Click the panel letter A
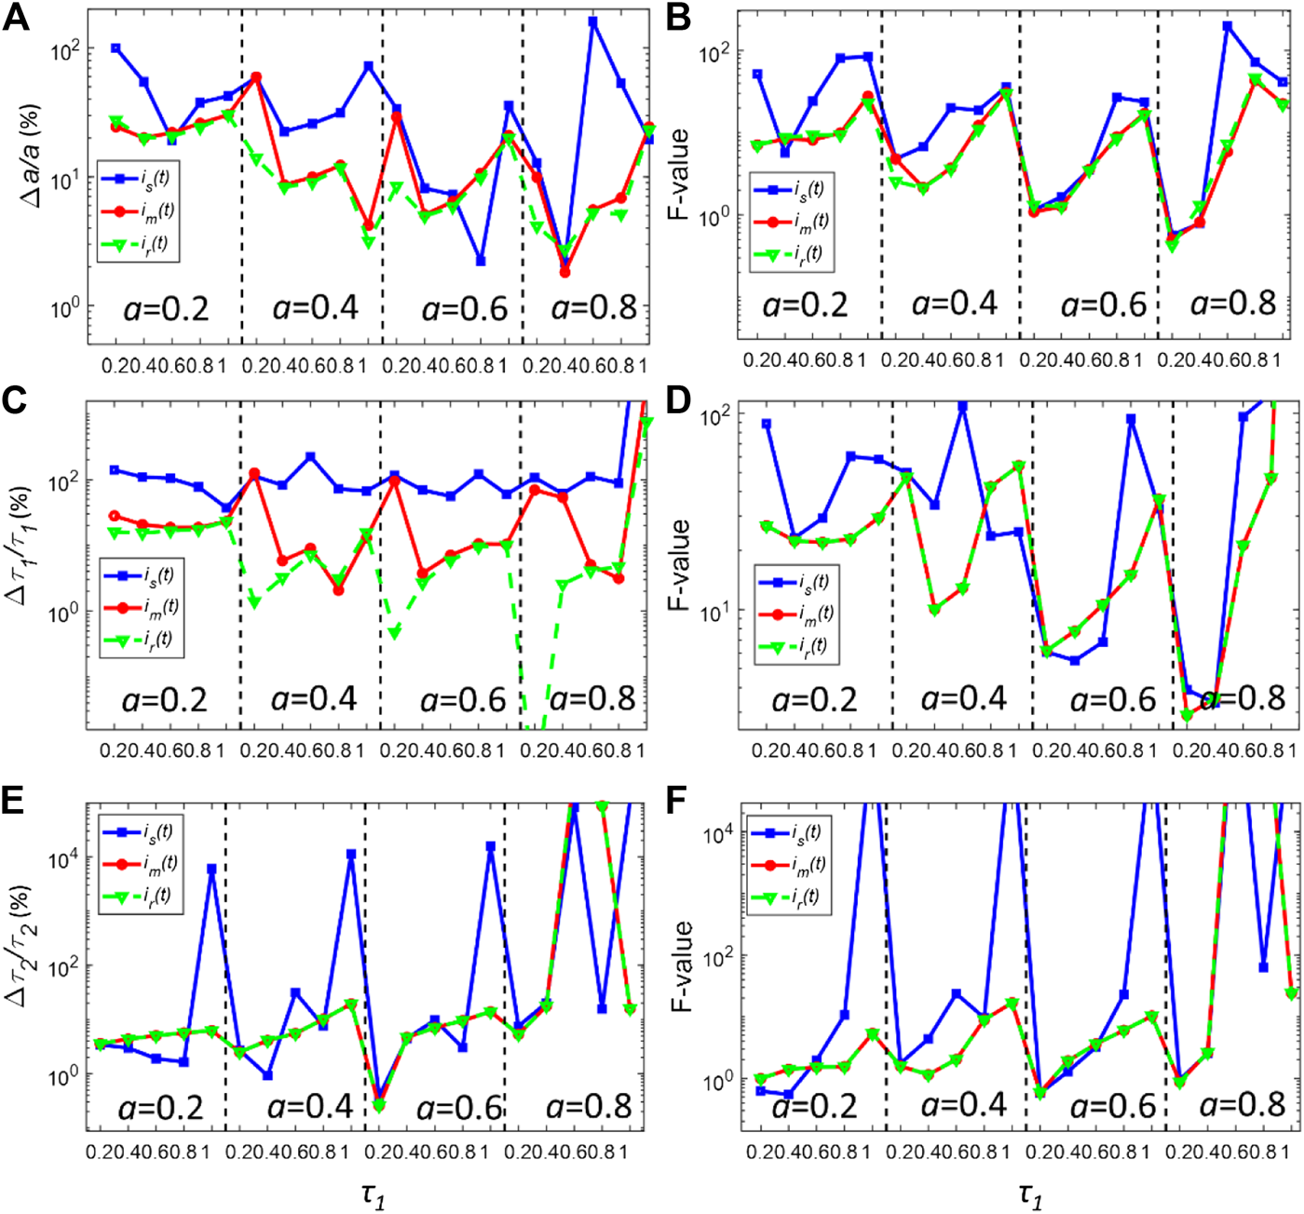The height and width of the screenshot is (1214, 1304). [x=16, y=18]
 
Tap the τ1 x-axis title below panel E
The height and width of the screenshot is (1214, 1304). [x=373, y=1194]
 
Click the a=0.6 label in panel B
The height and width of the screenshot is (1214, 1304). [x=1104, y=304]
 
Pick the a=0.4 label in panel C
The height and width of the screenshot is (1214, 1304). [x=314, y=698]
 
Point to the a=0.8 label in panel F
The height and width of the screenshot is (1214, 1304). [x=1242, y=1105]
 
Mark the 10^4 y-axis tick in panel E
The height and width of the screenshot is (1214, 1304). [x=62, y=857]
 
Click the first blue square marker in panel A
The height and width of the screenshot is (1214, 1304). [x=115, y=47]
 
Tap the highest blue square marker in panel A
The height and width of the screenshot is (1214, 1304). [x=592, y=21]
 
